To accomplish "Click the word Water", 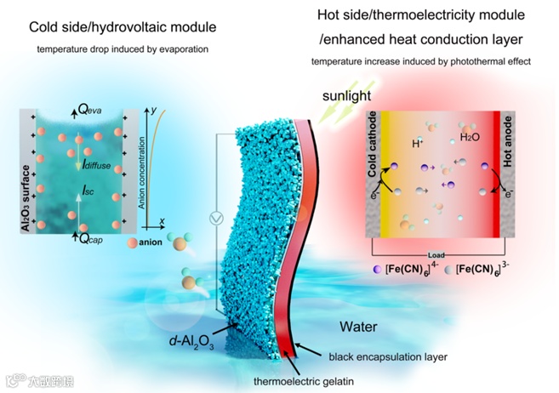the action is (357, 326).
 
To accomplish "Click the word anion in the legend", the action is (154, 245).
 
